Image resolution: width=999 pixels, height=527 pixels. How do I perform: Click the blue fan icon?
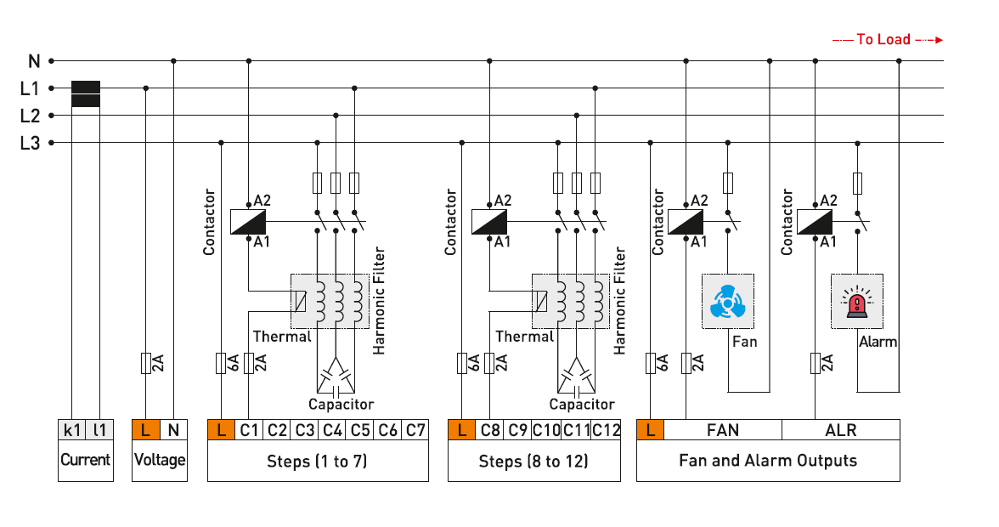click(727, 302)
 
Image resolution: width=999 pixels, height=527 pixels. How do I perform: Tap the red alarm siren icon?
click(856, 302)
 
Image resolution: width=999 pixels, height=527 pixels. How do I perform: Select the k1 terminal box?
click(71, 430)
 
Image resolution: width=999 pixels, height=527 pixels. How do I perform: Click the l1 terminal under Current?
click(99, 430)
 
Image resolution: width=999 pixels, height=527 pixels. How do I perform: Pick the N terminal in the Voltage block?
click(172, 430)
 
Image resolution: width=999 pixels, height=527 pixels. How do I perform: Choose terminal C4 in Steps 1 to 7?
click(333, 430)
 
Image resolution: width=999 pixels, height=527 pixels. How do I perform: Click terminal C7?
click(415, 430)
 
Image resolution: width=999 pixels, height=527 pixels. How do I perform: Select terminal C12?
click(607, 430)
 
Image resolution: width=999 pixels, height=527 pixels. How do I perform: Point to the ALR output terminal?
click(840, 430)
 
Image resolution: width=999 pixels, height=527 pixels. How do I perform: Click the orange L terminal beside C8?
click(461, 430)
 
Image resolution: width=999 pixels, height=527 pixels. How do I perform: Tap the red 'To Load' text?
click(883, 39)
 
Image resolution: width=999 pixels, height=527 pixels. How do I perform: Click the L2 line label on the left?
click(30, 116)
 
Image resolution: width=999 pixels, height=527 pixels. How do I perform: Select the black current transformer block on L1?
click(86, 94)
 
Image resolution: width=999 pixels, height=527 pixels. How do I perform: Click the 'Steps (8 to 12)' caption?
click(534, 462)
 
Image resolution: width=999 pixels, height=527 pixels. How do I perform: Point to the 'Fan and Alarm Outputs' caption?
click(767, 462)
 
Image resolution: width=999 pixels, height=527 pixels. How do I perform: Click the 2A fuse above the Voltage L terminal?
click(146, 364)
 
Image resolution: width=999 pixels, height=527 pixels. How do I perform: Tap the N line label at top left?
click(34, 61)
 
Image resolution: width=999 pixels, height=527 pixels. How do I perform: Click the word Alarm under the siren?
click(878, 342)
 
